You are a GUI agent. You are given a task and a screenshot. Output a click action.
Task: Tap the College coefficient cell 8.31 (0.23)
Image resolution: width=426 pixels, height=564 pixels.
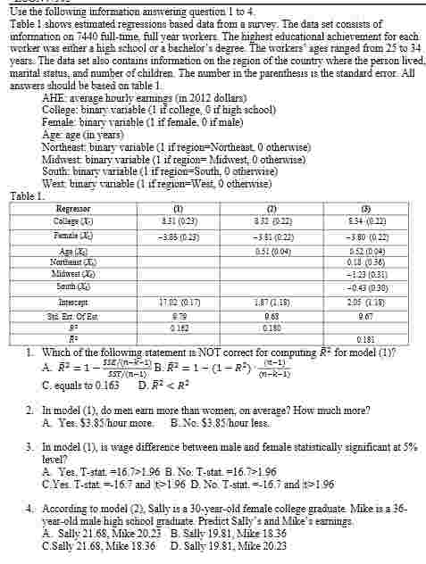pyautogui.click(x=156, y=220)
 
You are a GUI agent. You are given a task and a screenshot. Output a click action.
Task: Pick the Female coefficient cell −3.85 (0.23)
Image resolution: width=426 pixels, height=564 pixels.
pyautogui.click(x=155, y=236)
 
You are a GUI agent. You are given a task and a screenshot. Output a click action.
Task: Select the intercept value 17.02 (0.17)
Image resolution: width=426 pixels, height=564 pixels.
pyautogui.click(x=155, y=302)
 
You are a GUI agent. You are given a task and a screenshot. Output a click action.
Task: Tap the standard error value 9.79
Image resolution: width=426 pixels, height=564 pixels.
pyautogui.click(x=155, y=316)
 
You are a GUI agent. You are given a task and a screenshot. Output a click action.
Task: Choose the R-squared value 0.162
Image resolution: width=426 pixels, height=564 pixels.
pyautogui.click(x=156, y=328)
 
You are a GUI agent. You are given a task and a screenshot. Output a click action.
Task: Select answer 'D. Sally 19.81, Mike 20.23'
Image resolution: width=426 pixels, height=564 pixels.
pyautogui.click(x=228, y=546)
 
